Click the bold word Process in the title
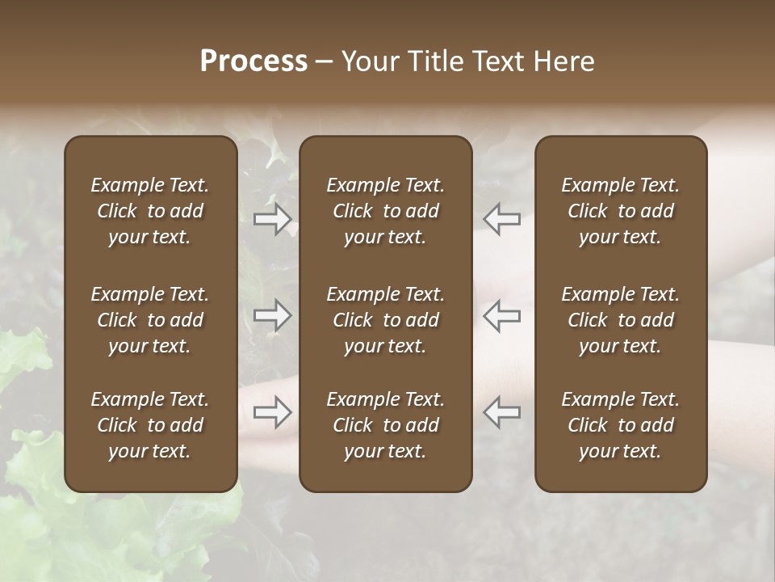[x=253, y=61]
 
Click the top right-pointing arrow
[x=272, y=219]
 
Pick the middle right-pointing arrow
[x=272, y=315]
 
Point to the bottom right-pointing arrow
[x=272, y=412]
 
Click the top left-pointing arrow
[x=501, y=219]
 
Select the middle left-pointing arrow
[x=501, y=315]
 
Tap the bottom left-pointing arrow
[x=501, y=412]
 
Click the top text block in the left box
[x=150, y=211]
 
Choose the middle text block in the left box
[x=150, y=320]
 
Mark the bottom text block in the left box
[x=150, y=425]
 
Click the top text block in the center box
[x=386, y=211]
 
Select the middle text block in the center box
[x=386, y=320]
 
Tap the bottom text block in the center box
[x=386, y=425]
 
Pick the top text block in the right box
[x=621, y=211]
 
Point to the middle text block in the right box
[x=621, y=320]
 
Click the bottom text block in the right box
[x=621, y=425]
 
